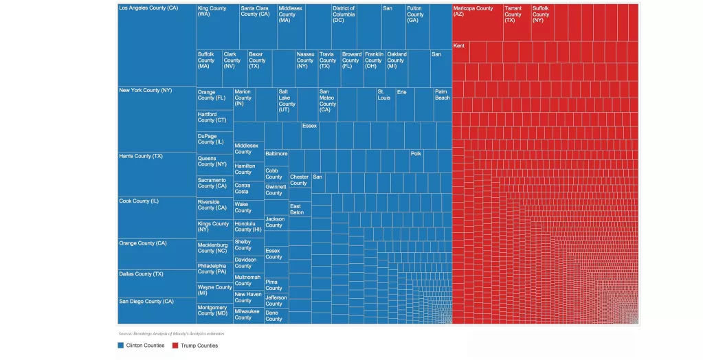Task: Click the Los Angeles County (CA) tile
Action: point(157,45)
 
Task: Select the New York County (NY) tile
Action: point(157,118)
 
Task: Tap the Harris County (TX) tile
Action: point(157,174)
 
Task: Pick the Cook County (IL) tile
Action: point(157,217)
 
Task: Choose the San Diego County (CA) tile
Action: point(157,310)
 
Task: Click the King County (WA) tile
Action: point(217,26)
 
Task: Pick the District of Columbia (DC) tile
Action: point(344,26)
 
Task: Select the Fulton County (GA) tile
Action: point(416,26)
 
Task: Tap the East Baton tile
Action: point(299,210)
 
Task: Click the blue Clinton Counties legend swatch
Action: point(122,346)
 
